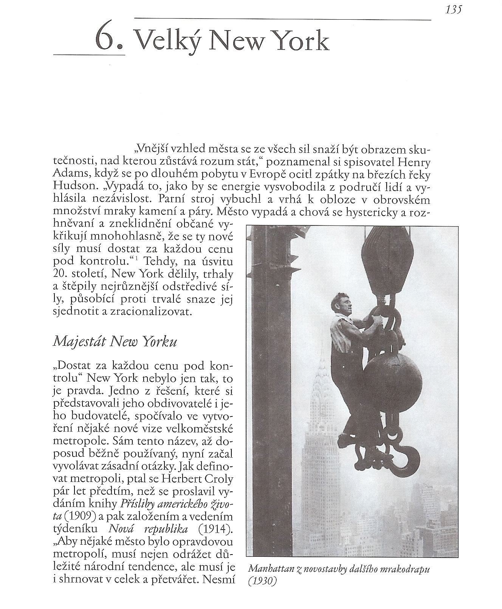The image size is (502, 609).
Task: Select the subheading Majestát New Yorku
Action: (x=115, y=341)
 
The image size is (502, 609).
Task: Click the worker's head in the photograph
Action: (x=342, y=302)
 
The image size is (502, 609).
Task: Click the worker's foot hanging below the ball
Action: (x=346, y=440)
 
